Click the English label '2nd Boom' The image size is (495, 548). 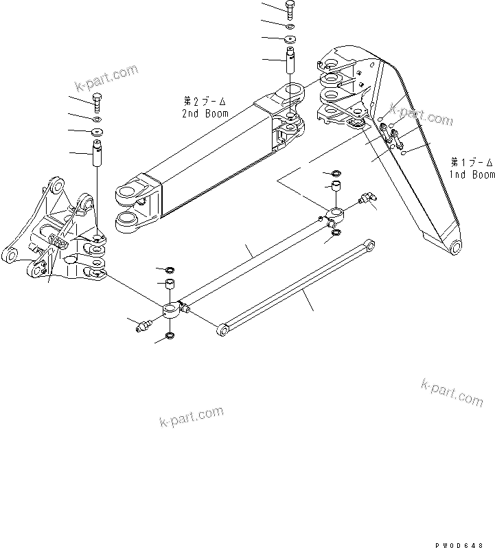pyautogui.click(x=205, y=113)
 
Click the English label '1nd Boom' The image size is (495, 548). pyautogui.click(x=472, y=174)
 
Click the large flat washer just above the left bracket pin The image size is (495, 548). pyautogui.click(x=97, y=130)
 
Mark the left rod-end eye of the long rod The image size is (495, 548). pyautogui.click(x=172, y=311)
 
